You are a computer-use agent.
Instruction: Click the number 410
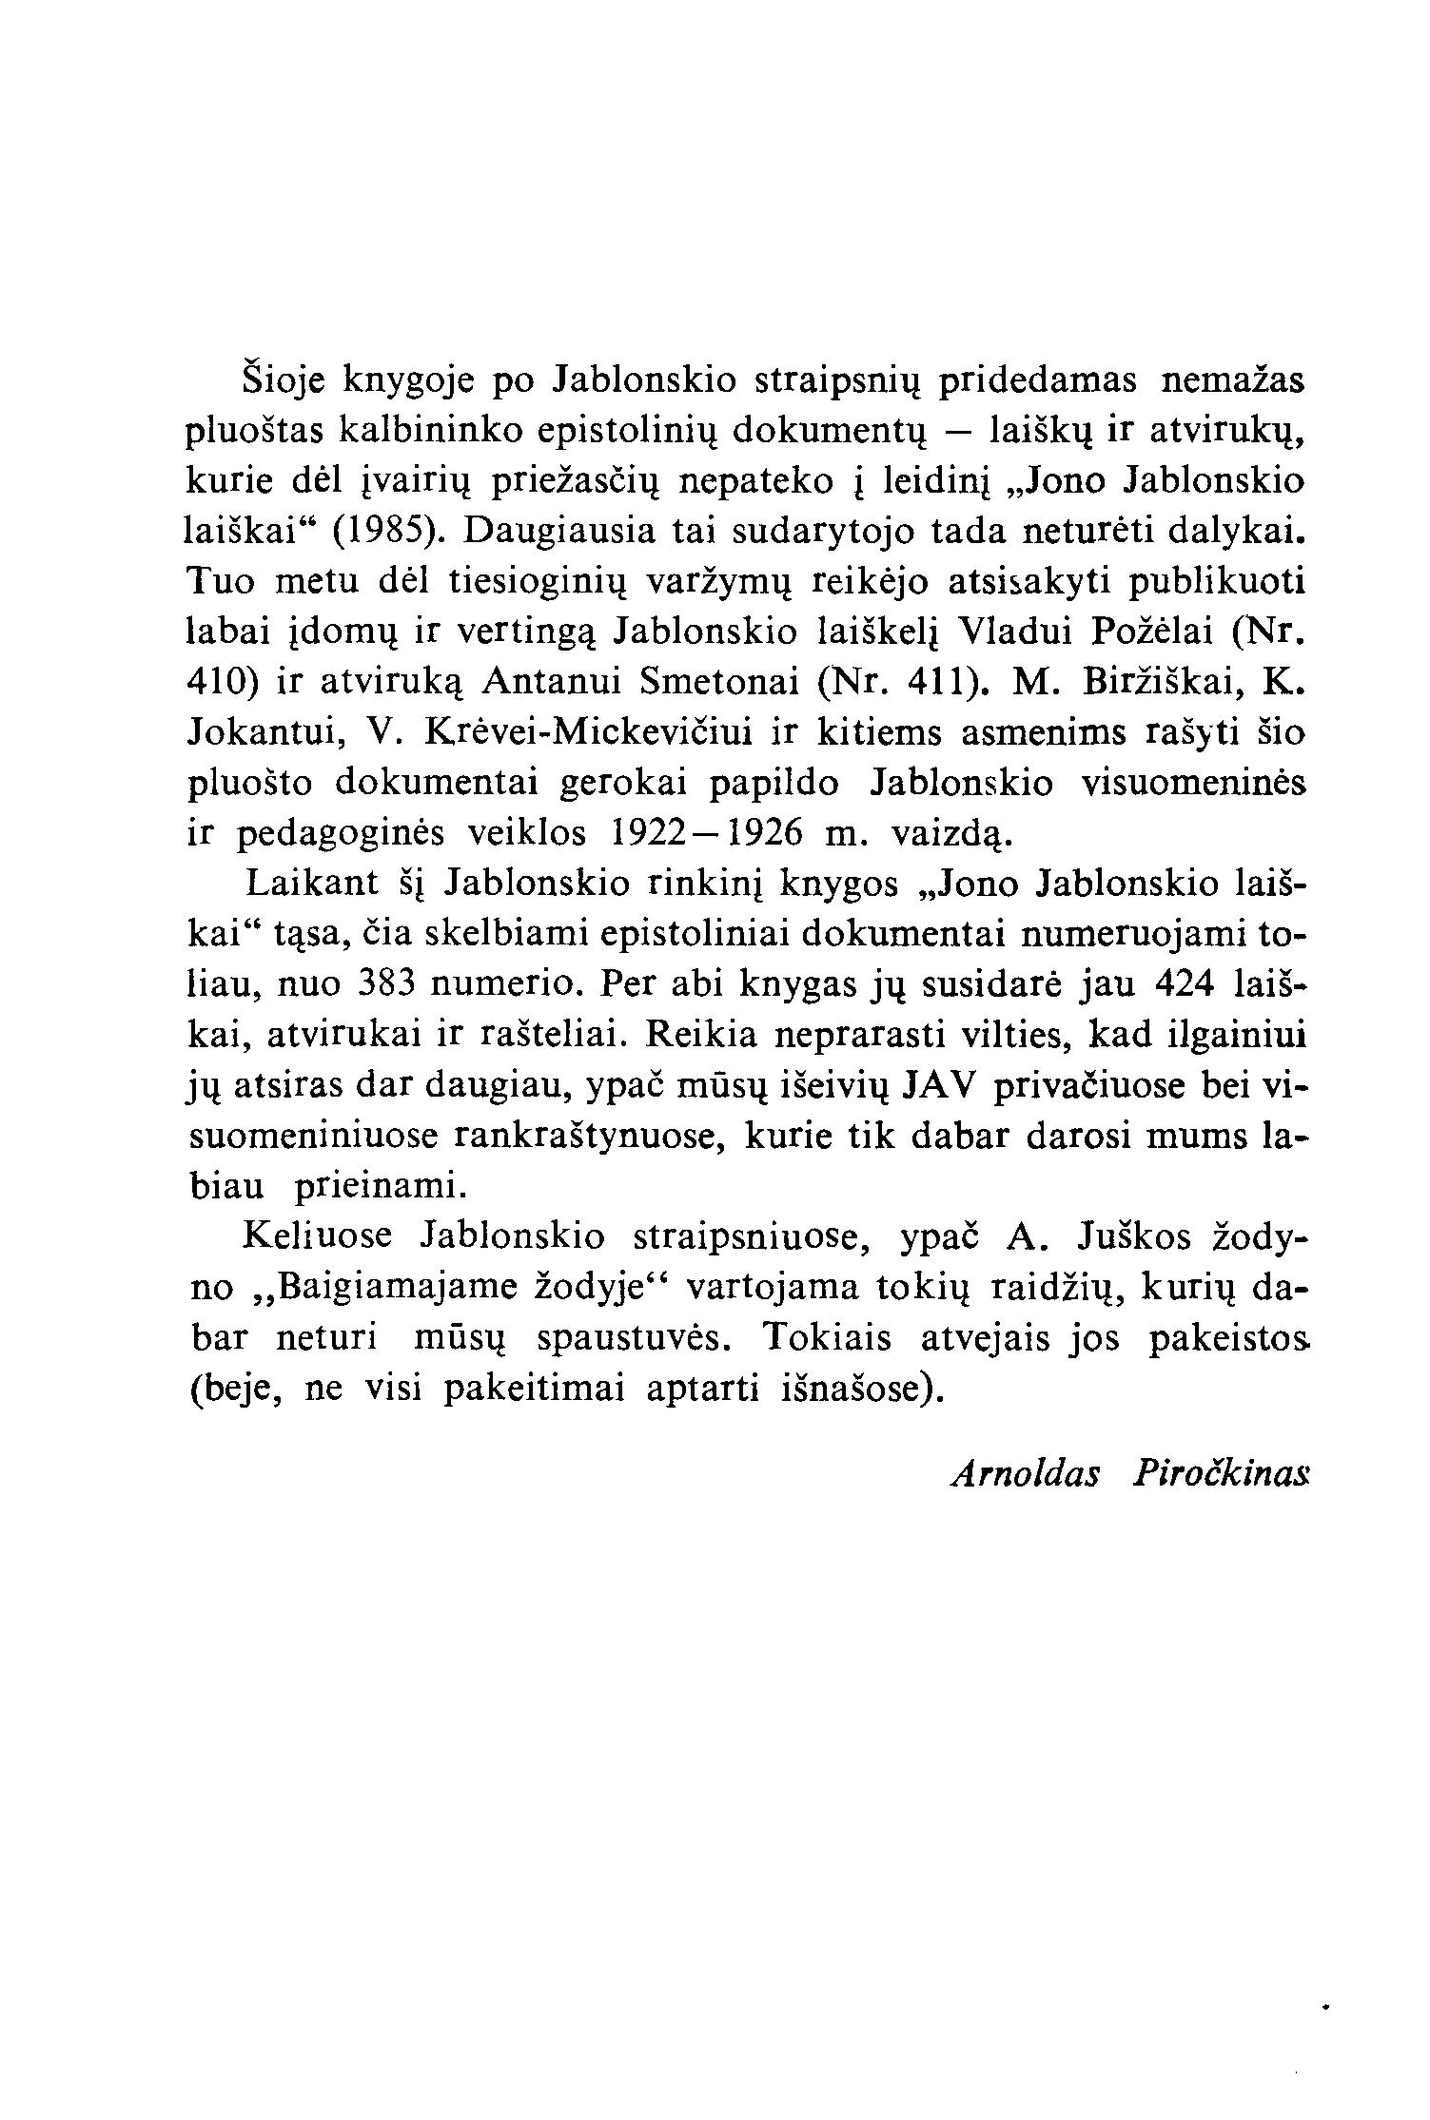coord(218,683)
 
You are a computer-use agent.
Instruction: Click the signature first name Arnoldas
coord(1026,1475)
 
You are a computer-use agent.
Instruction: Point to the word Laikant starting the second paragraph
coord(312,885)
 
